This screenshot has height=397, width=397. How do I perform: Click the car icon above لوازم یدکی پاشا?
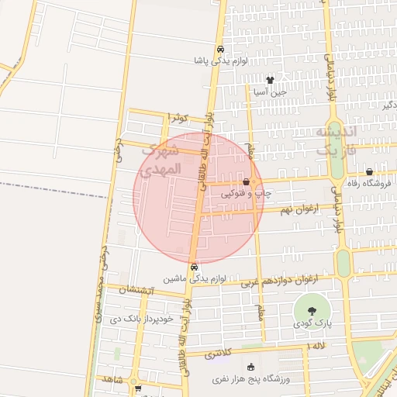(220, 47)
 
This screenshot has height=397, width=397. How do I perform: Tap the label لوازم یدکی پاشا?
(220, 59)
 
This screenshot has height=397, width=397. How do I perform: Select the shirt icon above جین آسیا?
(270, 79)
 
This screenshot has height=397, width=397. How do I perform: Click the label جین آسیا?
(270, 91)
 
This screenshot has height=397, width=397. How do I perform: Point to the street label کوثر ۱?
(179, 117)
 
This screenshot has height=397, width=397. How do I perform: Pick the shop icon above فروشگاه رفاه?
(369, 171)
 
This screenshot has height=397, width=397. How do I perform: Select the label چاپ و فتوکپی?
(247, 194)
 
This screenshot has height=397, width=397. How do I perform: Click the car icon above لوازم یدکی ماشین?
(194, 267)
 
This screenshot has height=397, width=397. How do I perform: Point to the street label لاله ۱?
(318, 345)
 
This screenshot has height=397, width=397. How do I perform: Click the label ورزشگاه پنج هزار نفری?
(250, 378)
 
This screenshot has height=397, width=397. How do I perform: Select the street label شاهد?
(113, 380)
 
